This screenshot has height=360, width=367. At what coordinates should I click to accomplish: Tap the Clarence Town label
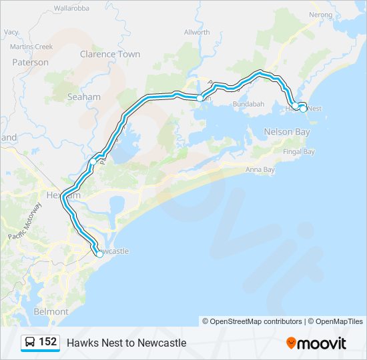coord(110,54)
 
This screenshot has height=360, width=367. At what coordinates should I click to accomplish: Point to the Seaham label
coord(84,97)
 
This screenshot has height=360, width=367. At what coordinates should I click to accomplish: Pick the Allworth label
coord(197,32)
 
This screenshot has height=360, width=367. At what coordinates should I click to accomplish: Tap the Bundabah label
coord(249,105)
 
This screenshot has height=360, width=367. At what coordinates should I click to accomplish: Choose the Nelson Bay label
coord(288,132)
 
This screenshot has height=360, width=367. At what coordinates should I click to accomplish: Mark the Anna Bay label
coord(260,170)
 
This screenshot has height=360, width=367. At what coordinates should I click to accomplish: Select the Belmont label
coord(51,311)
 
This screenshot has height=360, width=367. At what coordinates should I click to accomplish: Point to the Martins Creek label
coord(31,47)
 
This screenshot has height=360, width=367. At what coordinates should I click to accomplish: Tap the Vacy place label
coord(11,31)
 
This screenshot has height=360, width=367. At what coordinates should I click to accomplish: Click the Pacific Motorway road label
coord(25,221)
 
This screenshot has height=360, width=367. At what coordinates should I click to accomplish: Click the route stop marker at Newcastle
coord(99,254)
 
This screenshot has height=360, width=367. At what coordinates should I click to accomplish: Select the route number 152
coord(47,342)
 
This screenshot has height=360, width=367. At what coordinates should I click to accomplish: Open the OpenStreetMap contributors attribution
coord(256,321)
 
